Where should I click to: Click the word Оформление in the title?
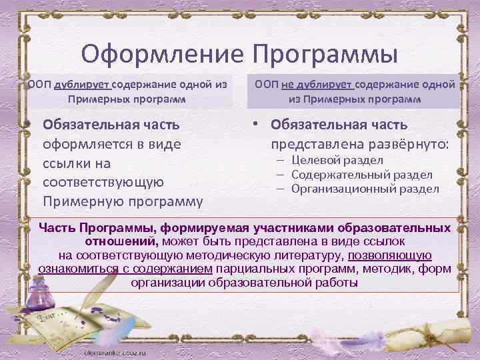tap(161, 53)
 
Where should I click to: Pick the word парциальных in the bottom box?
tap(266, 268)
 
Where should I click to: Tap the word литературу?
tap(323, 255)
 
